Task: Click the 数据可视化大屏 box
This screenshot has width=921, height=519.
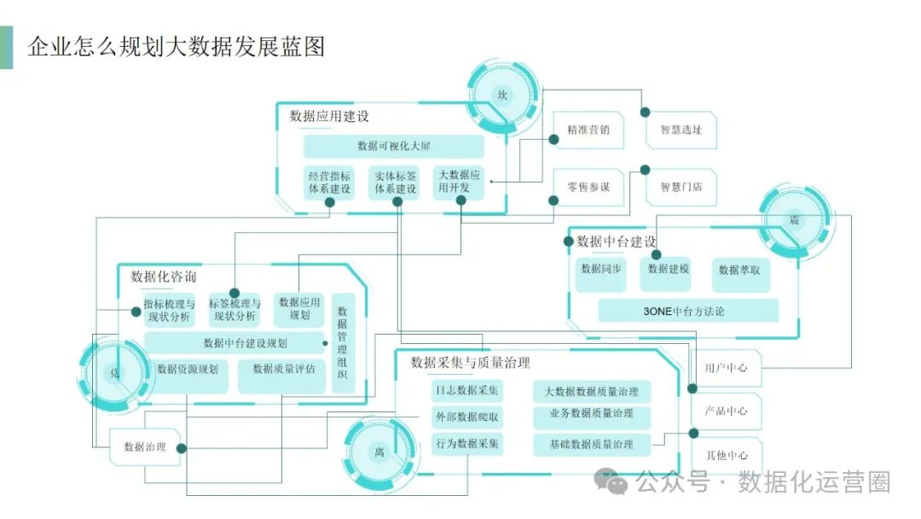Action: [x=393, y=146]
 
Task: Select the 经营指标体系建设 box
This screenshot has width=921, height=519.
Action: [x=329, y=183]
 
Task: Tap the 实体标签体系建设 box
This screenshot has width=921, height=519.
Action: [x=396, y=183]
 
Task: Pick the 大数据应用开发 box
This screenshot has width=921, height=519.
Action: [x=459, y=182]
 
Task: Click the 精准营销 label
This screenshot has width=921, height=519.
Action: [x=588, y=130]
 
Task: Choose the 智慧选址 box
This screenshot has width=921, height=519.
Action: [x=681, y=130]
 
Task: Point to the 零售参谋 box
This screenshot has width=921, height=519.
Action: [x=588, y=188]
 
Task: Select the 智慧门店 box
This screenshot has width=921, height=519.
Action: [x=681, y=188]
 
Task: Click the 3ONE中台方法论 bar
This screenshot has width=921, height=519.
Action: [x=688, y=311]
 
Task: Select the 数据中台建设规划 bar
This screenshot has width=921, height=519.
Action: [x=235, y=343]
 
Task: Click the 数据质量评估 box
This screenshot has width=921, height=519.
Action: [x=281, y=376]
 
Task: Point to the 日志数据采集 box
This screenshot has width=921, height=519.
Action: [x=467, y=390]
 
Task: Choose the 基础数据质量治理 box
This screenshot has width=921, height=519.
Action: [x=592, y=445]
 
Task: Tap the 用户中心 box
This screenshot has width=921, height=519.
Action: [x=726, y=368]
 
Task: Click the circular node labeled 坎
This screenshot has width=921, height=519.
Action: [x=502, y=96]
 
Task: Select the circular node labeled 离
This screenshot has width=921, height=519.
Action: [x=379, y=452]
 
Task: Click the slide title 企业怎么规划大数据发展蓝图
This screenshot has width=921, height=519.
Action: [x=177, y=46]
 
